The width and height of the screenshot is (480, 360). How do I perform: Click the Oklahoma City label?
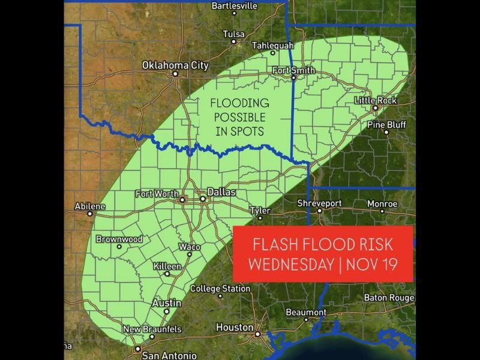[175, 65]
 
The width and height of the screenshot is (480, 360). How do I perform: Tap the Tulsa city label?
[233, 34]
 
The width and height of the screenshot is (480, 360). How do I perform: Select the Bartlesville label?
[235, 5]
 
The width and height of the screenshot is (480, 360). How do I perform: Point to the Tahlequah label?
[273, 45]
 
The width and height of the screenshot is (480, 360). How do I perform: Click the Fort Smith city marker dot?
[293, 77]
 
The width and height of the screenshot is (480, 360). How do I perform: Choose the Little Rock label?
[376, 100]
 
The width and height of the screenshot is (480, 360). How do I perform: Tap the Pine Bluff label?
[386, 124]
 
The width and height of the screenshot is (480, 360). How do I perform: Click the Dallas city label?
[221, 193]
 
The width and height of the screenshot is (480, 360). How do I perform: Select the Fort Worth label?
[157, 193]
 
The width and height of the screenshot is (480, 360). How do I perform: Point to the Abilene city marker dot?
[90, 213]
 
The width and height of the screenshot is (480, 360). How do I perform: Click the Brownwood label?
[119, 239]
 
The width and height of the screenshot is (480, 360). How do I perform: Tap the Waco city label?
[190, 247]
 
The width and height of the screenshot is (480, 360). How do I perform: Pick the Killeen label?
[167, 265]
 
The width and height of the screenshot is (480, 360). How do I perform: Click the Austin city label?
[167, 303]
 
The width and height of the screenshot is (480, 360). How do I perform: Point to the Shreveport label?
[319, 203]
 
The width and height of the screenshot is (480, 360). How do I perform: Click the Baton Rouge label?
[390, 298]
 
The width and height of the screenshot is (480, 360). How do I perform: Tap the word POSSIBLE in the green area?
[239, 117]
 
